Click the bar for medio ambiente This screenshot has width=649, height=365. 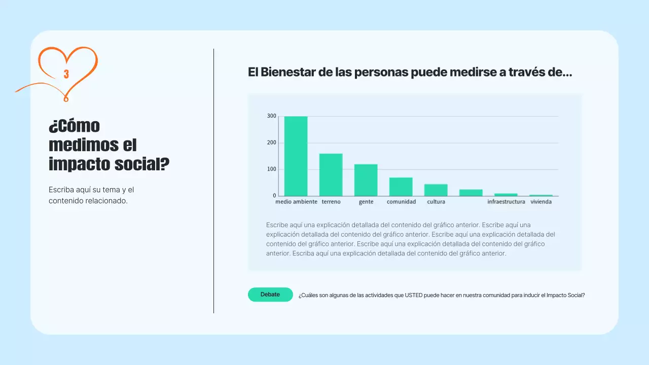(x=296, y=156)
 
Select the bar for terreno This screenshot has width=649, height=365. (x=331, y=175)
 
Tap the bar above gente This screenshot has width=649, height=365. (x=366, y=180)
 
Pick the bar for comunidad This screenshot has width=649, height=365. (x=401, y=187)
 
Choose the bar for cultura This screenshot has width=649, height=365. (x=436, y=190)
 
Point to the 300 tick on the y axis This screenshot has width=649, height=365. (x=272, y=117)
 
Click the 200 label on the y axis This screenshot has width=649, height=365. (x=272, y=143)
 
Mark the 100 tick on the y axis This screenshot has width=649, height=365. (x=272, y=169)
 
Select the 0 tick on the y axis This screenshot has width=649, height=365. (x=274, y=196)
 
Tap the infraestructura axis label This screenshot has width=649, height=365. (x=506, y=202)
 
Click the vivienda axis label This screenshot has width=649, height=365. (x=541, y=202)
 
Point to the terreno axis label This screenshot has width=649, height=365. (x=331, y=202)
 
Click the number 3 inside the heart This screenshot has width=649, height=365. (x=66, y=75)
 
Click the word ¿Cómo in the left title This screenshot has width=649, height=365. (x=75, y=126)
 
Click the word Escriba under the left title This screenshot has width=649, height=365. (x=61, y=190)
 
